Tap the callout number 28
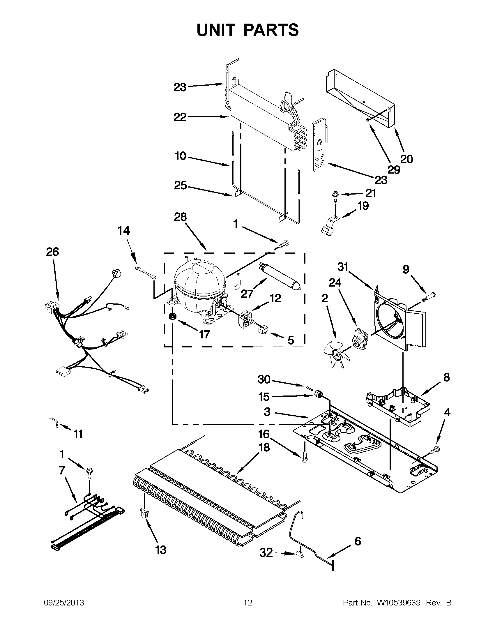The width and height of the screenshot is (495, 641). [180, 217]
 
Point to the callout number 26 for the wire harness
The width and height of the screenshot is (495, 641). [52, 252]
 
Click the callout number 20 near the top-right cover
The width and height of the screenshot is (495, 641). [406, 159]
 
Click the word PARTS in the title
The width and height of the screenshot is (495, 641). [271, 30]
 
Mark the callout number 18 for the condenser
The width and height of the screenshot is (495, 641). [264, 447]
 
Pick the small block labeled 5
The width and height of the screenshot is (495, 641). [263, 331]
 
